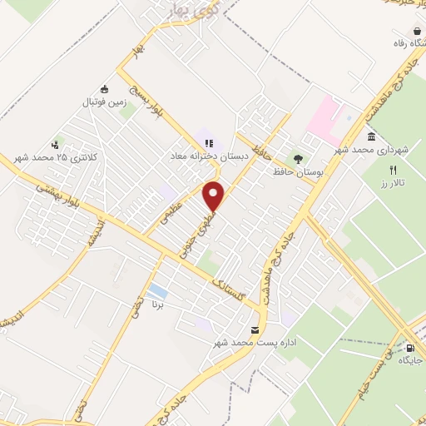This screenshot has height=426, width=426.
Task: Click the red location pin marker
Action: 215,195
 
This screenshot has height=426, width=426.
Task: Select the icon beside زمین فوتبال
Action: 104,90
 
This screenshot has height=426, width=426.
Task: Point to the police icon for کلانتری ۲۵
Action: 57,143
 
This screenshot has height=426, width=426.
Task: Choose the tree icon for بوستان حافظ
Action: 297,158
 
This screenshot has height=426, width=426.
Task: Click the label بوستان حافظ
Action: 297,171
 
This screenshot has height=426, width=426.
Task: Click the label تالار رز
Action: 407,182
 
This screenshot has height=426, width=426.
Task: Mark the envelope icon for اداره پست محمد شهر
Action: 255,329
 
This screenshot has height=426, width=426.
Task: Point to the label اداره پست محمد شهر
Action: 255,342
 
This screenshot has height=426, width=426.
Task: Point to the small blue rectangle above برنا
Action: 156,290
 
